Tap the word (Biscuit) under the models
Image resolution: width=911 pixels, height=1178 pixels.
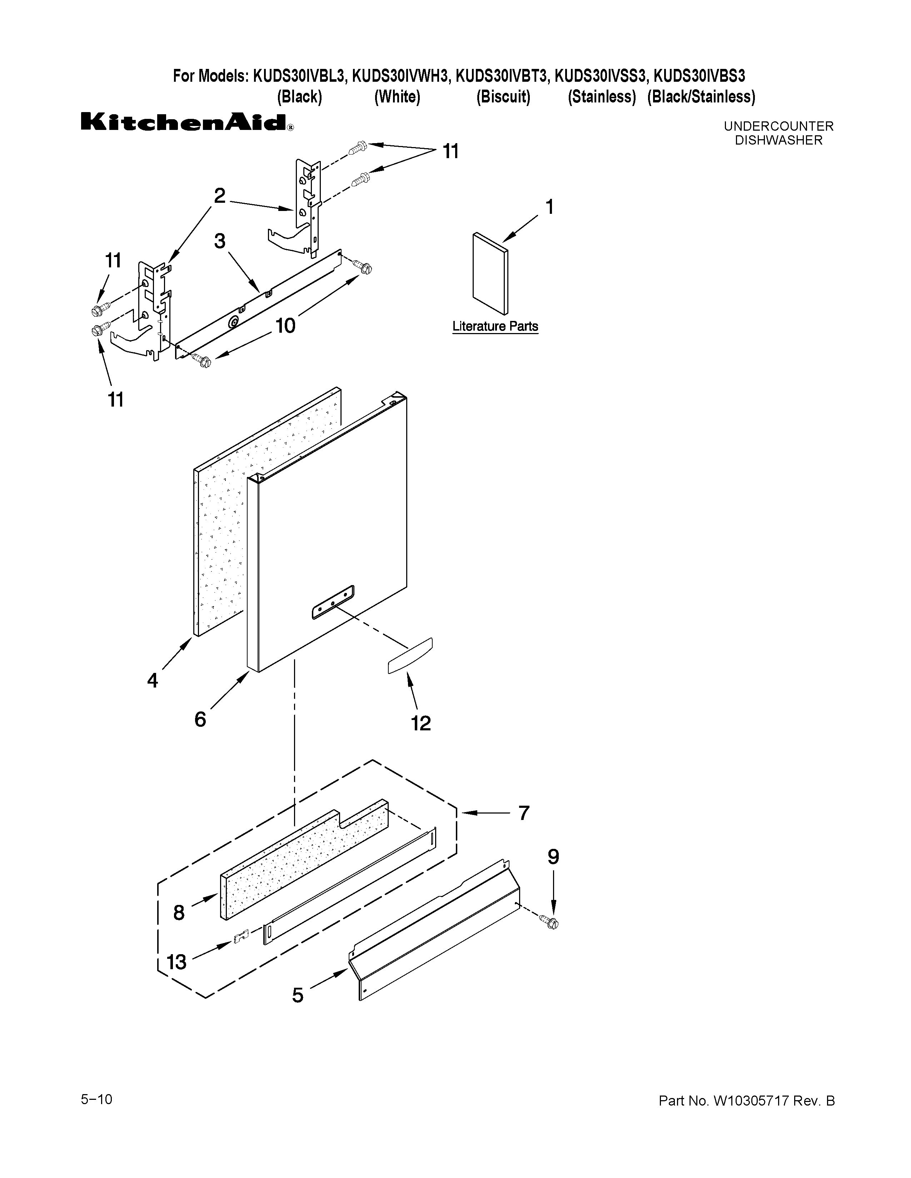[x=503, y=97]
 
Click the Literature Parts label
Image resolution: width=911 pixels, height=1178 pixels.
[x=495, y=326]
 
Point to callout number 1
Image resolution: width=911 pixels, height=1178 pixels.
[x=549, y=207]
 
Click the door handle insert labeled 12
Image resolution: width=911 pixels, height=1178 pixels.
[x=410, y=655]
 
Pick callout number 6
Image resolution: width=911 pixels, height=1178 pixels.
[x=200, y=719]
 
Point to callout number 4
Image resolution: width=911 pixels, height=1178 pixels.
[x=153, y=681]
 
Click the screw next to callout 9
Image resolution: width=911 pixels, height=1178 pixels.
[x=552, y=923]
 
